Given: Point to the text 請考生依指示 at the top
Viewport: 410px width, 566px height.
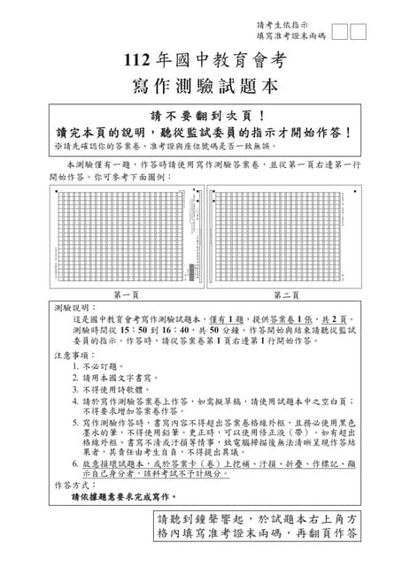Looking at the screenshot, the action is pyautogui.click(x=282, y=25).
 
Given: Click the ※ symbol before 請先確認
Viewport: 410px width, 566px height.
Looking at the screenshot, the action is pyautogui.click(x=58, y=146).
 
